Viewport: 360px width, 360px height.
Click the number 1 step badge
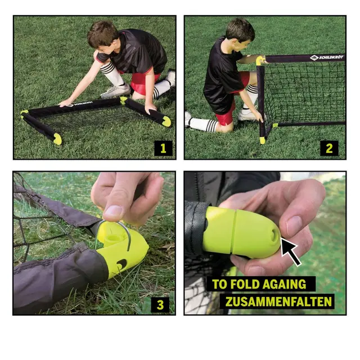pyautogui.click(x=163, y=148)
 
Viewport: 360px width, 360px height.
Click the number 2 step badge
pyautogui.click(x=329, y=148)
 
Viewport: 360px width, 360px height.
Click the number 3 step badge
pyautogui.click(x=160, y=305)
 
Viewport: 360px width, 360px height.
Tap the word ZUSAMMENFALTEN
pyautogui.click(x=278, y=301)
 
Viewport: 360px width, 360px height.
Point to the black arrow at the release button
pyautogui.click(x=290, y=251)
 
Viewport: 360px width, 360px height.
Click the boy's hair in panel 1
pyautogui.click(x=101, y=33)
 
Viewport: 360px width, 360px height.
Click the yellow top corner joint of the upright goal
pyautogui.click(x=260, y=60)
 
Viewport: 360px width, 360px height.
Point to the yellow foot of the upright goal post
pyautogui.click(x=262, y=140)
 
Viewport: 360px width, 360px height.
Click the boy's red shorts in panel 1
pyautogui.click(x=142, y=84)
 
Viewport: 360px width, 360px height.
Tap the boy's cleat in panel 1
pyautogui.click(x=115, y=91)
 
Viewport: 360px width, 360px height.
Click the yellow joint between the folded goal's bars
pyautogui.click(x=123, y=100)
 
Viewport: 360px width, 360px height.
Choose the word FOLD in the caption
pyautogui.click(x=245, y=284)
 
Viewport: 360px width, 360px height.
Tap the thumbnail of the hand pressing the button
pyautogui.click(x=294, y=224)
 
